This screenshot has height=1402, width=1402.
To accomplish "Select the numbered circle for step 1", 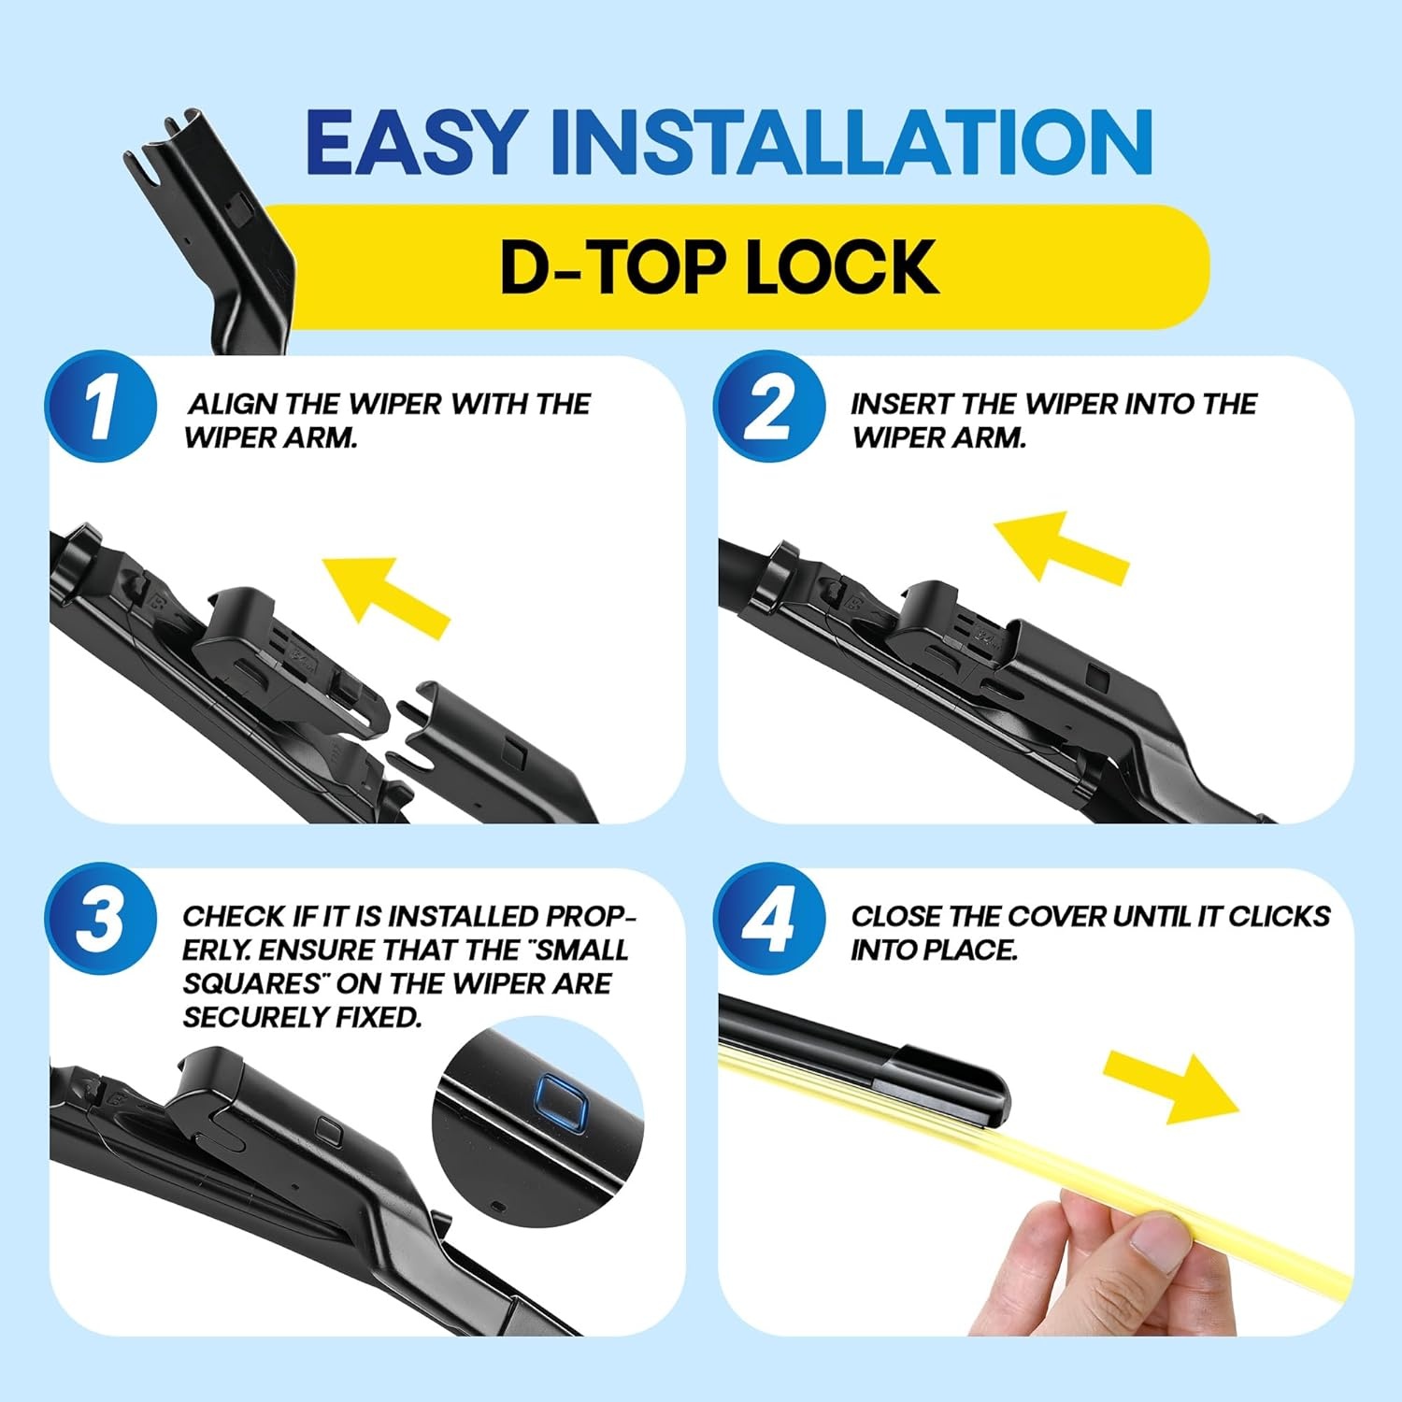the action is coord(101,406).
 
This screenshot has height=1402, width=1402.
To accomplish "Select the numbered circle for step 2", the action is coord(769,406).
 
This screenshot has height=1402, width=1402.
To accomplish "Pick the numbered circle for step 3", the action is coord(101,919).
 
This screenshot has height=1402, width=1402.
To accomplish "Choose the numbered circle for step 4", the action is coord(769,919).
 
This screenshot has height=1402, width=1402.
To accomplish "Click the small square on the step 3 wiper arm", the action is coord(329,1129).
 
